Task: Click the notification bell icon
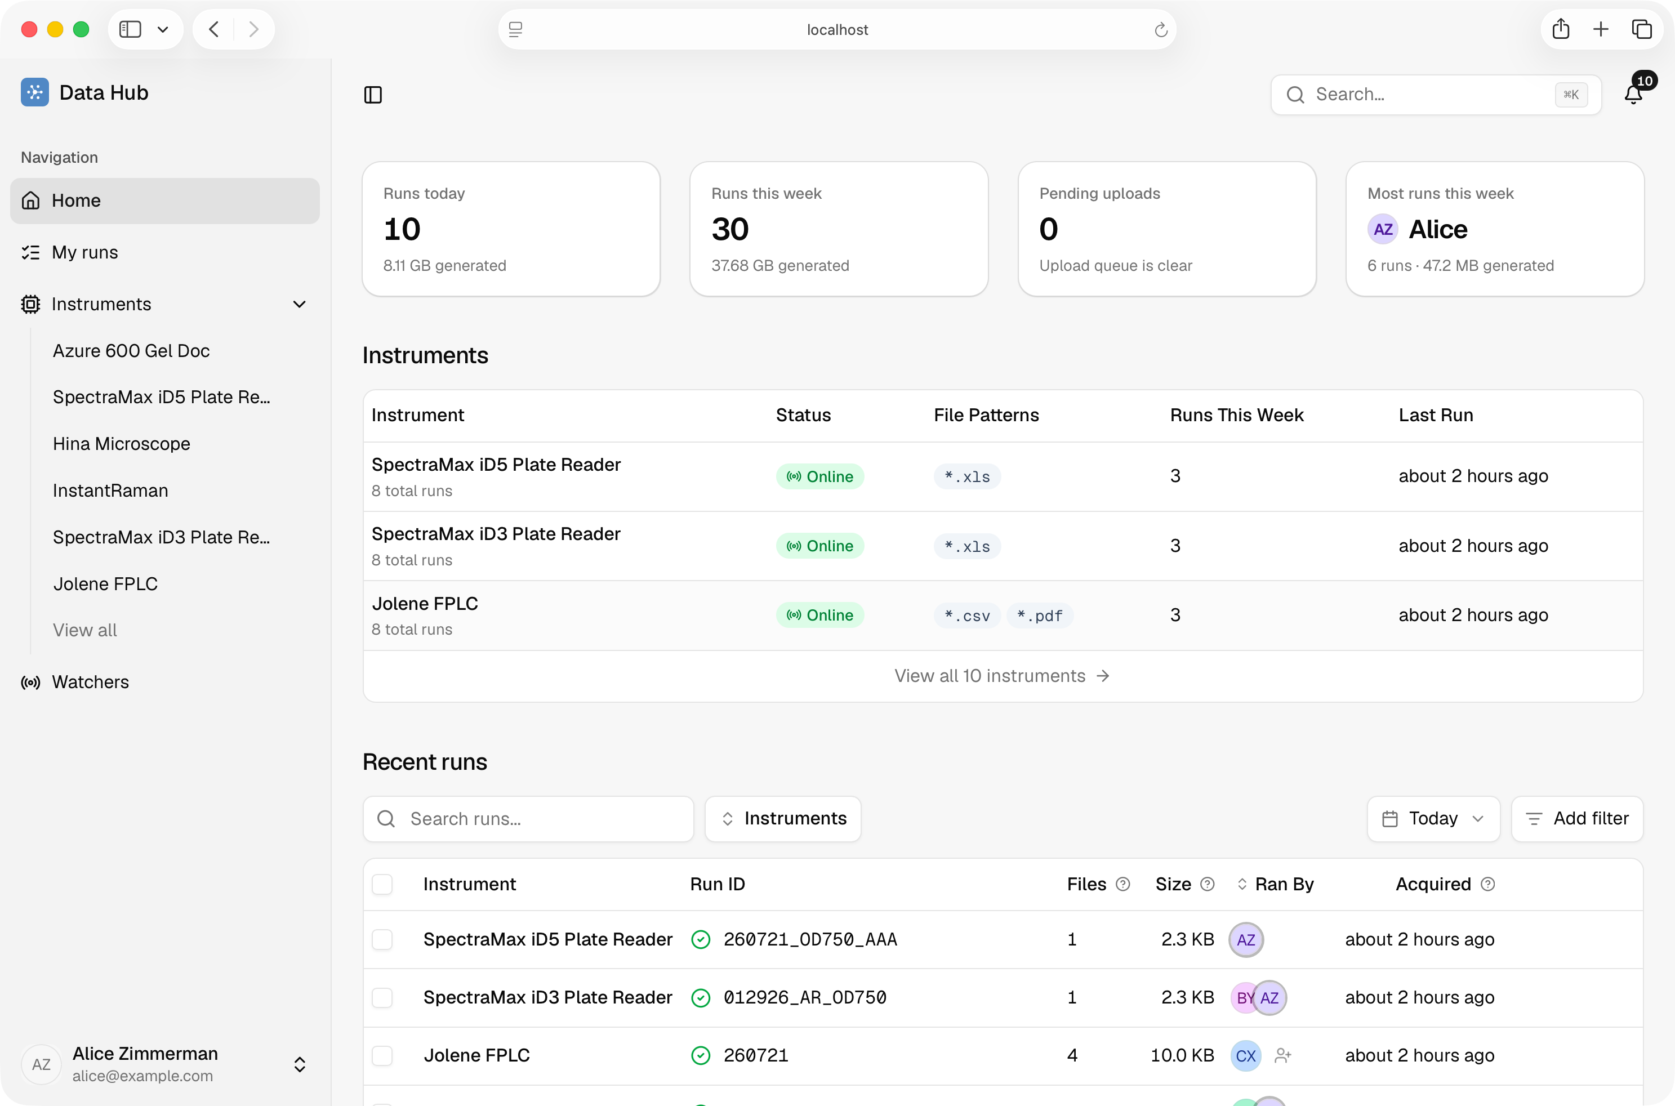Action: tap(1633, 95)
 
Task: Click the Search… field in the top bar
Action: tap(1435, 95)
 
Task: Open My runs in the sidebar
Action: tap(84, 252)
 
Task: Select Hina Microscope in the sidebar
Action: tap(121, 444)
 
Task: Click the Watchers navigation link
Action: tap(90, 682)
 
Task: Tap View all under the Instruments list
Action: tap(84, 630)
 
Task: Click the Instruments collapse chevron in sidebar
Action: tap(299, 304)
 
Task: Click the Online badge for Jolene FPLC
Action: tap(819, 615)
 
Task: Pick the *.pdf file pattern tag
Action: tap(1040, 616)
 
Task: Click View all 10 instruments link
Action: tap(1002, 676)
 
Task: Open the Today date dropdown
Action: tap(1433, 818)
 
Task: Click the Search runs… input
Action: tap(528, 818)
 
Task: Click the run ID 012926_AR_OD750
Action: tap(805, 997)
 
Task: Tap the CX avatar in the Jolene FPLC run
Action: tap(1245, 1055)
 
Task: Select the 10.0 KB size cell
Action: tap(1182, 1055)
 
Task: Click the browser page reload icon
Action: tap(1161, 30)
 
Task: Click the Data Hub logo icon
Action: tap(34, 92)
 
